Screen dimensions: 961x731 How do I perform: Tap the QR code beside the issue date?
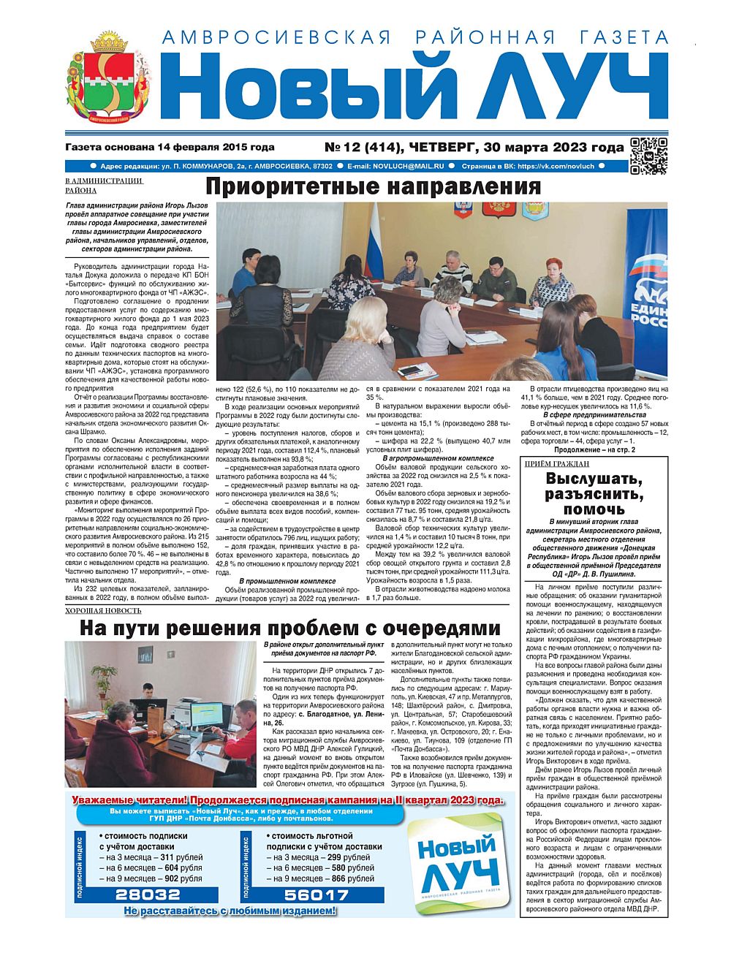pos(648,155)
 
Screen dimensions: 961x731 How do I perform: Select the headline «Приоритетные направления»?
pos(372,186)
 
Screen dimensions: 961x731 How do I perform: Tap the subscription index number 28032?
pos(148,894)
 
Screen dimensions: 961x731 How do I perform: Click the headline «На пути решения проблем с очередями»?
pos(289,628)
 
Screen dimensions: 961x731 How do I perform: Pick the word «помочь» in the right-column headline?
pos(594,509)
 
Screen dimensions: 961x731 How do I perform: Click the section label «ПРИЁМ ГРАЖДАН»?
pos(557,464)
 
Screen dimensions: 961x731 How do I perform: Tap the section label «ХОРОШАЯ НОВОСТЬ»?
pos(103,610)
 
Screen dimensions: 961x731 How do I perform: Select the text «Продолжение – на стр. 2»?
pos(594,450)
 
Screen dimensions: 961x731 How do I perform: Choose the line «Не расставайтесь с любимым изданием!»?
pos(230,911)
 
